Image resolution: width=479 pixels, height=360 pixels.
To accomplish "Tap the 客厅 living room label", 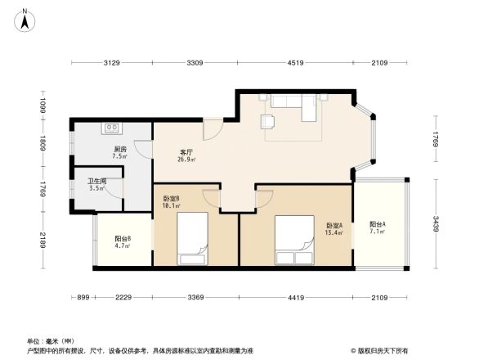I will click(186, 152).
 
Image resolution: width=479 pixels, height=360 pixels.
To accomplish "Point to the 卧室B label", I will click(171, 199).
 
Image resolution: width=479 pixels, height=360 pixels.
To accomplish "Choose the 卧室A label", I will click(334, 226).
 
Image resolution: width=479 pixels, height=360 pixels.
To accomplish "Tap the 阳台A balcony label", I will click(377, 224).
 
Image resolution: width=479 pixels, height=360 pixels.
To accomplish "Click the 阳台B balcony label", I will click(123, 238).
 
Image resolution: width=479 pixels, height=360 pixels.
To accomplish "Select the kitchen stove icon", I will click(112, 128).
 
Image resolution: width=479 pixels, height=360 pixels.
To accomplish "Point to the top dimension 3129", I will click(111, 63).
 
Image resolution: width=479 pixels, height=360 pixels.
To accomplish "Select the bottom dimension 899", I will click(82, 298).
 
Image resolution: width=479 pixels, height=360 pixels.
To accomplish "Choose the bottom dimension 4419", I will click(295, 298).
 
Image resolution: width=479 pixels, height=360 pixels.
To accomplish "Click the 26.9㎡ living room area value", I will click(186, 160).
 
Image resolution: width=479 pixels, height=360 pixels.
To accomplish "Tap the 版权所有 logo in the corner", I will click(382, 350).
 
